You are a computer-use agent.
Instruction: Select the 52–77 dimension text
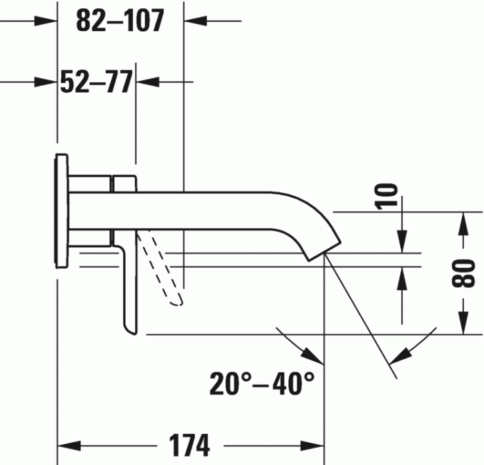[95, 82]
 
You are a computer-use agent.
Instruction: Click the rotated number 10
[389, 195]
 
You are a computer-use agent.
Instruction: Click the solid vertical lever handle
[130, 291]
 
